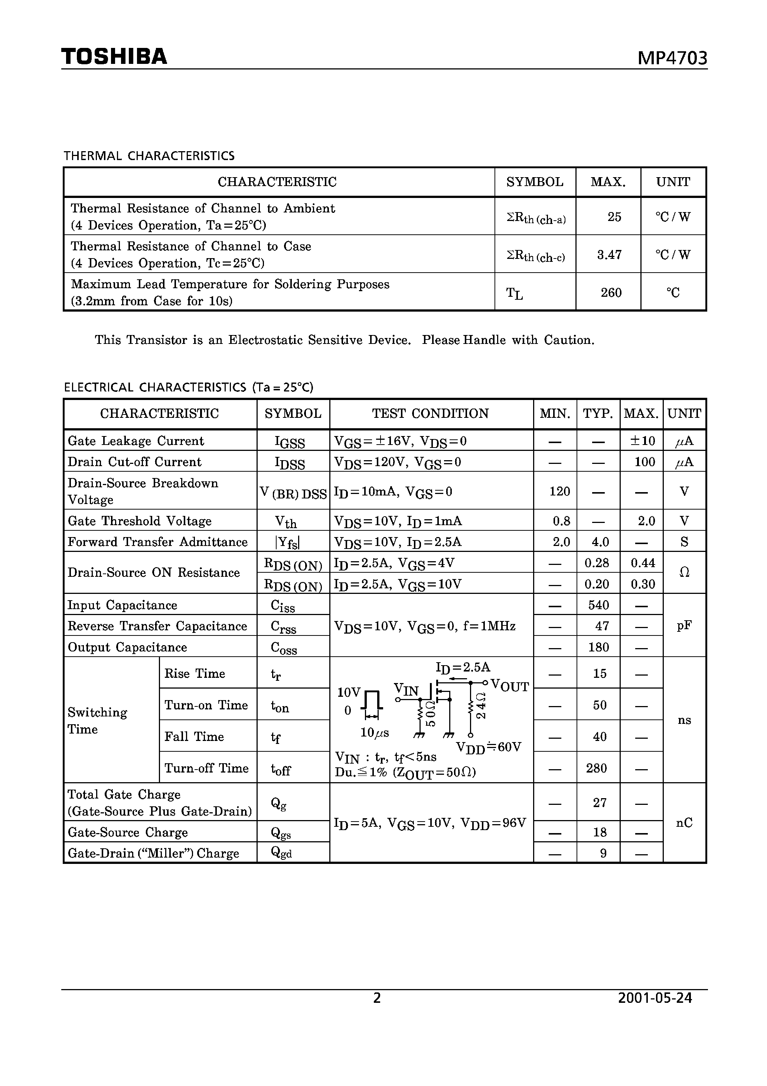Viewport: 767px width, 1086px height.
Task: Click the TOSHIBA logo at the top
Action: click(114, 56)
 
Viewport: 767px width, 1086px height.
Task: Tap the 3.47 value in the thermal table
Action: click(609, 255)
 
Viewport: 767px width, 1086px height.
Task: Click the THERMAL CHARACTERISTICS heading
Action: click(149, 156)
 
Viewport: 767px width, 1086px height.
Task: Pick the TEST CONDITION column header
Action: click(430, 413)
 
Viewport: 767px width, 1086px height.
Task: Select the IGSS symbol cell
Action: click(290, 442)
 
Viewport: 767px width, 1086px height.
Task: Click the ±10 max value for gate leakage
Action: click(642, 441)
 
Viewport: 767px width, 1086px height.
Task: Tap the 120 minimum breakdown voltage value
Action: click(559, 491)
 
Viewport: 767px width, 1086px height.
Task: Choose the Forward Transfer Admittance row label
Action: click(157, 542)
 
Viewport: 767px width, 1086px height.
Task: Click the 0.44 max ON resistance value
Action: click(643, 563)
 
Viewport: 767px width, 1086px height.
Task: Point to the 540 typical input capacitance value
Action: click(598, 605)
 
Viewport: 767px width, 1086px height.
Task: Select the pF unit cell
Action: click(684, 626)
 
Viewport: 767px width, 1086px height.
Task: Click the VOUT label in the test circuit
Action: click(510, 686)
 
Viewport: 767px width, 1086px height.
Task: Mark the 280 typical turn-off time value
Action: click(596, 768)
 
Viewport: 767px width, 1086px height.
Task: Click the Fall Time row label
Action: click(194, 737)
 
